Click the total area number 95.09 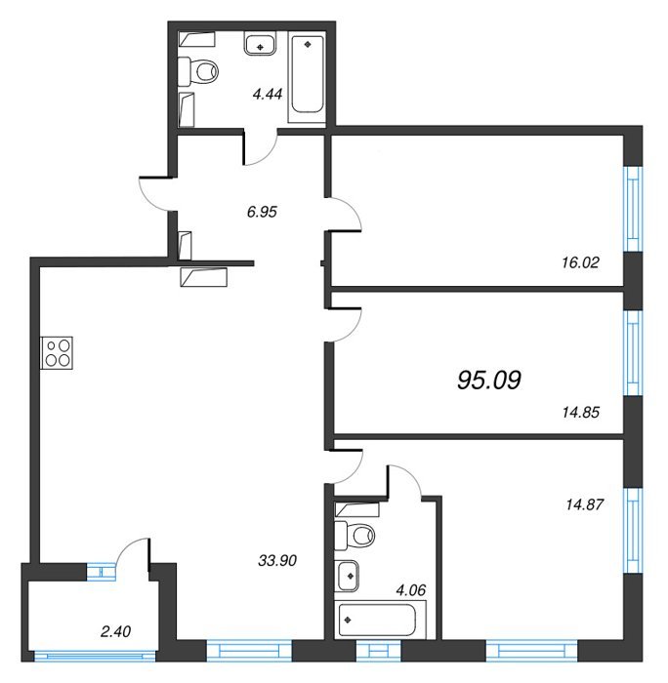488,380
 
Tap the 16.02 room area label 580,262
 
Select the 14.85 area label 581,412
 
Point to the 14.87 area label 584,504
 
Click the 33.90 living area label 277,560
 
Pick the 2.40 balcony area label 115,631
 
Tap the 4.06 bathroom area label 410,590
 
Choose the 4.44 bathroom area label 268,94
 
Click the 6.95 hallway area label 262,212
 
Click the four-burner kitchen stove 57,353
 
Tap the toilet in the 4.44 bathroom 198,70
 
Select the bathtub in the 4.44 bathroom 307,74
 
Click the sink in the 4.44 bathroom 261,44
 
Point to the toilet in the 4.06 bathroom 355,535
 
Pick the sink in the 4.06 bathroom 347,576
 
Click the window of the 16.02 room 633,209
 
